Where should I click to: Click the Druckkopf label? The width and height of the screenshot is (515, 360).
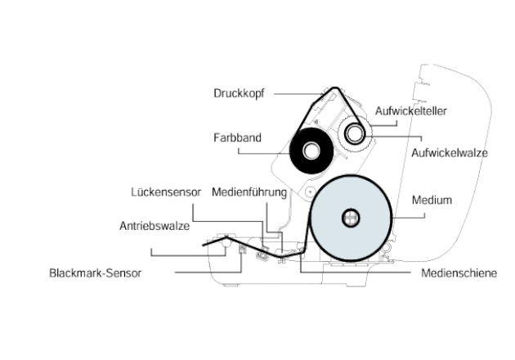tap(239, 93)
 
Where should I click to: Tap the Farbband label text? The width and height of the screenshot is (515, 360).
tap(237, 137)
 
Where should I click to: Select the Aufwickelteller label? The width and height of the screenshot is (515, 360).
tap(411, 111)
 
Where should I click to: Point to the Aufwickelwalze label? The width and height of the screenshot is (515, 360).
tap(450, 153)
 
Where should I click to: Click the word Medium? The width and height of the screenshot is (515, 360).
tap(432, 200)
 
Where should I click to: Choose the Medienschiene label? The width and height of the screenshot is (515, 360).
tap(459, 273)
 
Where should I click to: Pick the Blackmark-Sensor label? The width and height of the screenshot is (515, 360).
tap(96, 273)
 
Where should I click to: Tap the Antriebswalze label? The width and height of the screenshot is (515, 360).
tap(154, 226)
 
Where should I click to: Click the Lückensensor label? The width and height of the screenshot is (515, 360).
tap(166, 192)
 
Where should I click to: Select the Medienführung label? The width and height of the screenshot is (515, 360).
tap(249, 192)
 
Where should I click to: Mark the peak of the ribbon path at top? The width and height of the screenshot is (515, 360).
tap(334, 88)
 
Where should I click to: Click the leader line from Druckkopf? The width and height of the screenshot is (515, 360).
tap(298, 94)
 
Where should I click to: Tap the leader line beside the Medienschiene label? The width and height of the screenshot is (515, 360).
tap(356, 272)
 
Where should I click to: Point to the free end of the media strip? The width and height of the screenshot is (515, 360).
tap(204, 245)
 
